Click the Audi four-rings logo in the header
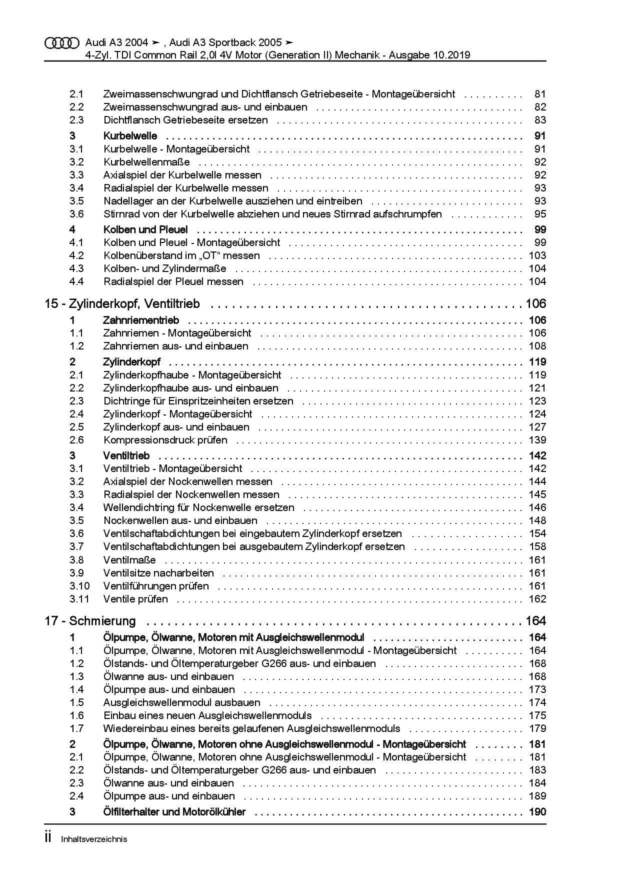[61, 43]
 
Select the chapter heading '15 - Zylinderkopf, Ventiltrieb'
[122, 303]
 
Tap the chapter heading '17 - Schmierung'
[90, 621]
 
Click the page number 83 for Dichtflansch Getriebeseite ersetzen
[540, 120]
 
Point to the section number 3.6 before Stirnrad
[76, 214]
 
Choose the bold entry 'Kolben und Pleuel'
[145, 229]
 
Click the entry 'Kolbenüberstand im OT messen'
[181, 255]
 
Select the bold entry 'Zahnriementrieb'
[141, 320]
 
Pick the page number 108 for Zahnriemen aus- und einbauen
[537, 346]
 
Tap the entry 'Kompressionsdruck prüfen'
[165, 440]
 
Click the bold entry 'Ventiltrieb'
[126, 455]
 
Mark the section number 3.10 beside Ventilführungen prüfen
[79, 586]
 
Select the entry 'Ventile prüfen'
[135, 599]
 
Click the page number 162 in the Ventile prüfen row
[537, 599]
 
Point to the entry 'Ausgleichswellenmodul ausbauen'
[181, 702]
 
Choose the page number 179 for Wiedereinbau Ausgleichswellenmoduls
[537, 728]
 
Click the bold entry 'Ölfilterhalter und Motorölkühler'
[174, 812]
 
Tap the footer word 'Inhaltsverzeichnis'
[94, 839]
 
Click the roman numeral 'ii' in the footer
[48, 838]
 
